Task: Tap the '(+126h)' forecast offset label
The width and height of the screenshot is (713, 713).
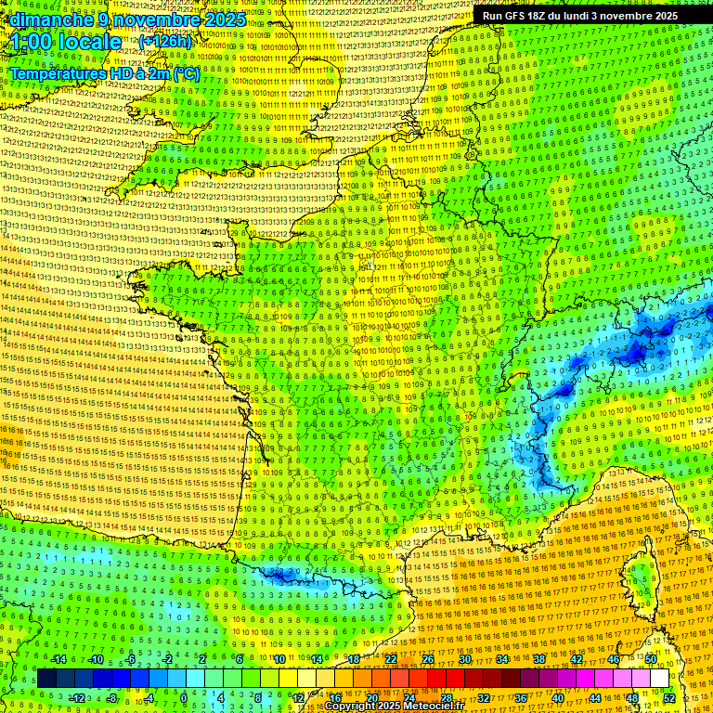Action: [x=165, y=41]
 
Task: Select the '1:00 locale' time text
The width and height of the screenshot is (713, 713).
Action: [x=66, y=42]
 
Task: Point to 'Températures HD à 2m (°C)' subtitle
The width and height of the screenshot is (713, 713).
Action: [x=104, y=72]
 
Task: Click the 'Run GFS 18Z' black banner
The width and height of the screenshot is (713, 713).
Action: [x=580, y=16]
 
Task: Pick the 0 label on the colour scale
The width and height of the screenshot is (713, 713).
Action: [x=184, y=698]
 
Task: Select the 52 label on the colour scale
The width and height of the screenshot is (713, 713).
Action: [x=669, y=698]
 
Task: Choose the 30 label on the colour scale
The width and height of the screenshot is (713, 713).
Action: [x=464, y=659]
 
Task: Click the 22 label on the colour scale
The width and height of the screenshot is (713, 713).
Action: [x=391, y=659]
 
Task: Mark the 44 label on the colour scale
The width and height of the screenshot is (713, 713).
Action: [x=595, y=698]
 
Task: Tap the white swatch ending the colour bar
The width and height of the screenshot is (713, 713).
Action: [x=659, y=679]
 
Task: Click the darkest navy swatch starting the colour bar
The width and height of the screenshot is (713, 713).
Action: [x=46, y=679]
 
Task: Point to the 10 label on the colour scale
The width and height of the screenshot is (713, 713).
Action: [x=279, y=659]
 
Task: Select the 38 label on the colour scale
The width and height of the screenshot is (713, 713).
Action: [x=538, y=659]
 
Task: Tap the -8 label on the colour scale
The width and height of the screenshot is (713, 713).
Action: [x=111, y=698]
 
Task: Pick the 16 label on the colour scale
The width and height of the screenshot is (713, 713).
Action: [x=334, y=698]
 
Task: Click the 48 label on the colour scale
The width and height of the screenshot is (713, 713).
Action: [x=632, y=698]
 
